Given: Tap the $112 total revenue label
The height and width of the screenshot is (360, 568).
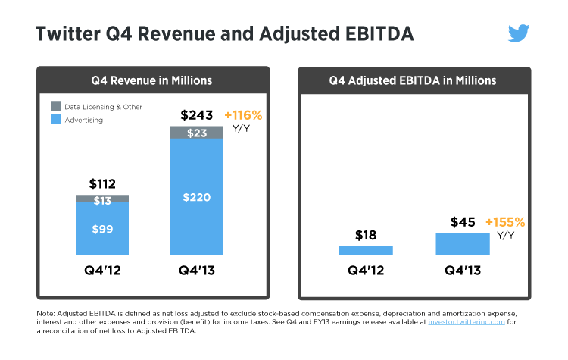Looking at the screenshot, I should pos(102,184).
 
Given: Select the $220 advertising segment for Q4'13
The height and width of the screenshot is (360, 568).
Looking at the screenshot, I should pos(197,197).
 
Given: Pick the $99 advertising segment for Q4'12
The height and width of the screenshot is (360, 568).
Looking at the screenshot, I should pos(102,229).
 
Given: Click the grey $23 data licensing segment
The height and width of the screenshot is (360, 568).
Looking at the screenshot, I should pos(197,133).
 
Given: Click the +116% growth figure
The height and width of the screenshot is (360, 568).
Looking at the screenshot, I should pos(243,115).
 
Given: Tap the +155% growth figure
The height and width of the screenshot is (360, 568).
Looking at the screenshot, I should pos(505,222).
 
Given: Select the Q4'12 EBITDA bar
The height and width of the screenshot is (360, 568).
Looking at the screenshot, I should pos(366,250).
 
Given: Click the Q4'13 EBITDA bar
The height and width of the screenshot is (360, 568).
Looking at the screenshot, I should pos(463,243).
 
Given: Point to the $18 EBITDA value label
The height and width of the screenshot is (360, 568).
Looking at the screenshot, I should pos(366,234).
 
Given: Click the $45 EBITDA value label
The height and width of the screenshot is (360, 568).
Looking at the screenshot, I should pos(463,222).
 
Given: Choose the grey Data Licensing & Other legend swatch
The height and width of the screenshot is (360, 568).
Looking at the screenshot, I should pos(55,107).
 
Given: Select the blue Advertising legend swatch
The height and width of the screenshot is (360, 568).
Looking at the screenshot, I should pos(55,119).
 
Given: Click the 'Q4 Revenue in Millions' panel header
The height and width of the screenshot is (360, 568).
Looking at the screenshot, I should pos(153,80).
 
